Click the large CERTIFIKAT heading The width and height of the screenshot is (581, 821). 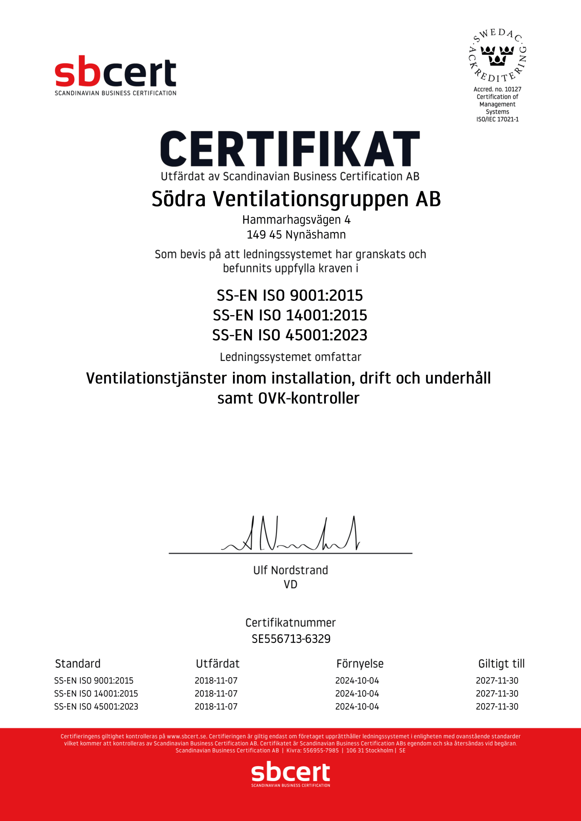point(290,149)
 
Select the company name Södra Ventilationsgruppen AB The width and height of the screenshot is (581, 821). point(296,199)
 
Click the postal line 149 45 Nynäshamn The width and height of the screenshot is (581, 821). point(296,234)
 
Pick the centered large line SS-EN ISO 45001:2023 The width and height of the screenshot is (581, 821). point(290,335)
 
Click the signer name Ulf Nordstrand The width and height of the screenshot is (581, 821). point(290,570)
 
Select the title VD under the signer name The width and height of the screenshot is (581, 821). point(290,584)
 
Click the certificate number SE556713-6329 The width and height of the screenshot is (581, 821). point(291,638)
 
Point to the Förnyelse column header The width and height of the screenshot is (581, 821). point(360,664)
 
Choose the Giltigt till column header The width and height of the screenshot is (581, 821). point(501,664)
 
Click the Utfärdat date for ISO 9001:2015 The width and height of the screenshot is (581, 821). point(216,681)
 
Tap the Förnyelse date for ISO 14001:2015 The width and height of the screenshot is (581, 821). point(357,693)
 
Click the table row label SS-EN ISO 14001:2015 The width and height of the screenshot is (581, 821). point(96,693)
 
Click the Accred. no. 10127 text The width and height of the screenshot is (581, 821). point(497,89)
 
